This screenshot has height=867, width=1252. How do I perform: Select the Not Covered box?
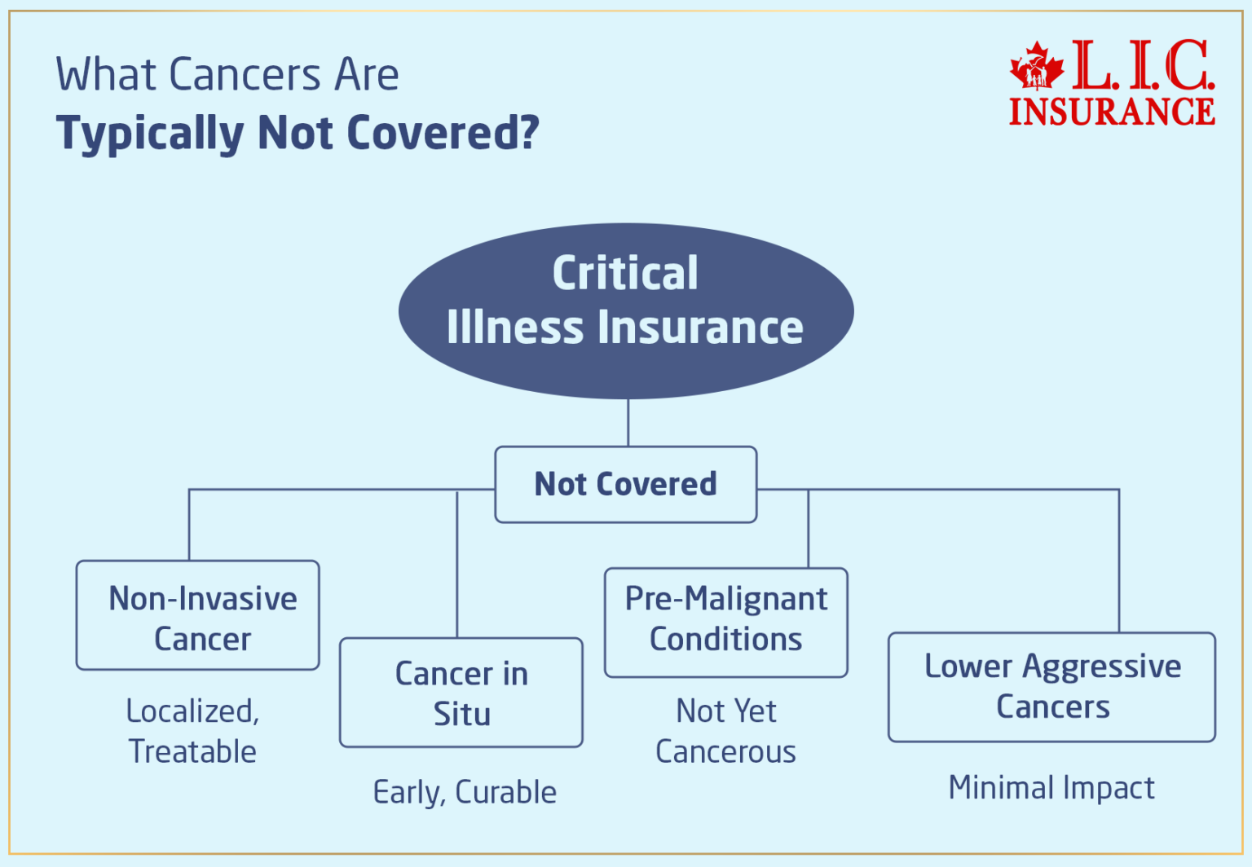point(625,484)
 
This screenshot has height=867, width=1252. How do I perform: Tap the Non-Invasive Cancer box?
point(198,616)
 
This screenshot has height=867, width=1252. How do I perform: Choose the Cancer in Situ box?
point(461,693)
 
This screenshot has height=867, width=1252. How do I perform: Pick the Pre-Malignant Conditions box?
point(725,621)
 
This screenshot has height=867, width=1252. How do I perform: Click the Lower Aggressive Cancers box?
point(1051,687)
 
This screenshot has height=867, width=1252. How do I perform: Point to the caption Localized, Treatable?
point(193,731)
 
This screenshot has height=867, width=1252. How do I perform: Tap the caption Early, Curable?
point(465,792)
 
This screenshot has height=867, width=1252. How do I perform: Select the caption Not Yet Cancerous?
point(725,731)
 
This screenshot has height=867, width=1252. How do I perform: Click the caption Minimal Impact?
point(1051,788)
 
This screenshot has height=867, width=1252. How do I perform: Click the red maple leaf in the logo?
point(1036,66)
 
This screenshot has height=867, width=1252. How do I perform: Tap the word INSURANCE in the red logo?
point(1112,112)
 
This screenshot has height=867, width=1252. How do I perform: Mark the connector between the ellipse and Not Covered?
point(628,422)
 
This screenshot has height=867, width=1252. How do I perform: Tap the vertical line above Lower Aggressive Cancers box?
point(1119,562)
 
